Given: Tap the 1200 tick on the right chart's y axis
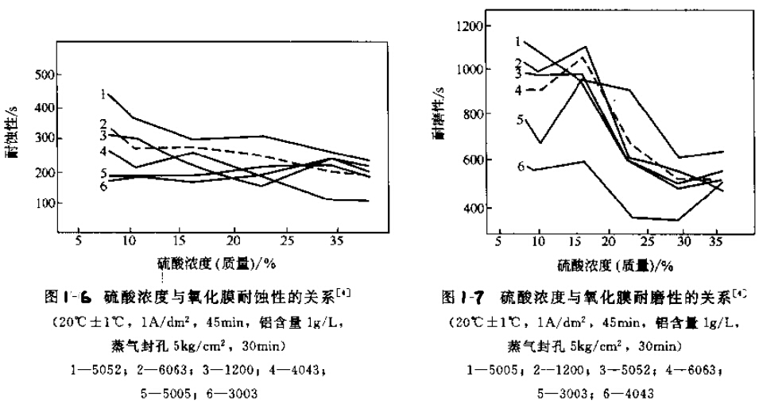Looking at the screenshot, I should click(x=467, y=25).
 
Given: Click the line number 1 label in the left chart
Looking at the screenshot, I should click(x=103, y=94).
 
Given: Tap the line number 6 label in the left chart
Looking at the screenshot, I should click(x=103, y=186).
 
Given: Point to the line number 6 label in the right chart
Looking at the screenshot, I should click(x=521, y=166).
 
